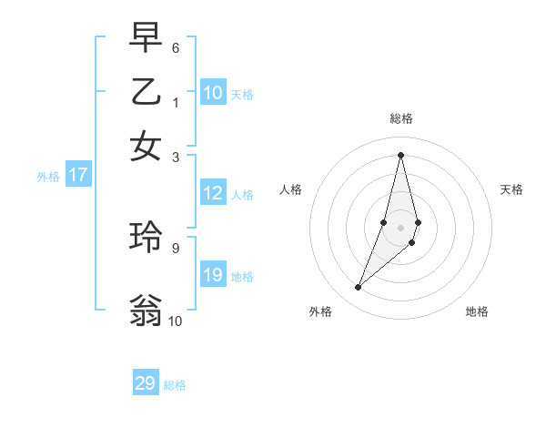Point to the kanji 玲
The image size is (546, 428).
pyautogui.click(x=146, y=237)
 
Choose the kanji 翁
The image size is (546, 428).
pyautogui.click(x=146, y=310)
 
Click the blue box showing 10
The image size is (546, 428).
pyautogui.click(x=213, y=93)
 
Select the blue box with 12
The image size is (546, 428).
pyautogui.click(x=213, y=193)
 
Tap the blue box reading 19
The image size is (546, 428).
pyautogui.click(x=213, y=276)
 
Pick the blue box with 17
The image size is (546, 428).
pyautogui.click(x=78, y=176)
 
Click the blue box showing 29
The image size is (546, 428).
pyautogui.click(x=146, y=383)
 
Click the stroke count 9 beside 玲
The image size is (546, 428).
pyautogui.click(x=176, y=246)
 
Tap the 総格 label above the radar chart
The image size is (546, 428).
pyautogui.click(x=400, y=118)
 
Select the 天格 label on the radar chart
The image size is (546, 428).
pyautogui.click(x=511, y=189)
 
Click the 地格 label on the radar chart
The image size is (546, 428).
pyautogui.click(x=477, y=312)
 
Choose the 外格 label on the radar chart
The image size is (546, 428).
pyautogui.click(x=320, y=312)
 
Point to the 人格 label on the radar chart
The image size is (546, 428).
pyautogui.click(x=290, y=189)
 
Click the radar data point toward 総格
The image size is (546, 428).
pyautogui.click(x=400, y=155)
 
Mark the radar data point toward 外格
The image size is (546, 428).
pyautogui.click(x=359, y=288)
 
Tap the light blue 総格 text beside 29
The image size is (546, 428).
pyautogui.click(x=176, y=385)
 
